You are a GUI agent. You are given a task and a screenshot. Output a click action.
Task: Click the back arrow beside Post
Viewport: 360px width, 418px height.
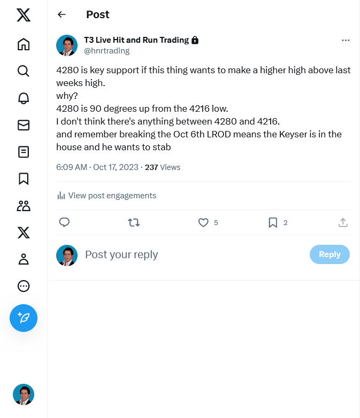tap(62, 14)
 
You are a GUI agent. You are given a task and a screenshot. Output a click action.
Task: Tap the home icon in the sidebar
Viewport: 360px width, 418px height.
tap(24, 44)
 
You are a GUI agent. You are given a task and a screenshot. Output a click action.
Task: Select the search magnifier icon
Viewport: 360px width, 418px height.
tap(24, 71)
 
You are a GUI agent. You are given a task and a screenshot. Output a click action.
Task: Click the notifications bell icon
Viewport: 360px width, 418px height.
tap(24, 98)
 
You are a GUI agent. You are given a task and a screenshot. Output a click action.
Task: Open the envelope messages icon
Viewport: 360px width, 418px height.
tap(24, 125)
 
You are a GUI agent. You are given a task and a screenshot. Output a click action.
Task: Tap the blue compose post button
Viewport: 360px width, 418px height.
tap(24, 318)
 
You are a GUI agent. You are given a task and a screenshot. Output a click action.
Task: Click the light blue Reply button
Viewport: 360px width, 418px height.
tap(330, 254)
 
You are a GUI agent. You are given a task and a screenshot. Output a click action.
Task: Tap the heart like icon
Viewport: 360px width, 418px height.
tap(203, 222)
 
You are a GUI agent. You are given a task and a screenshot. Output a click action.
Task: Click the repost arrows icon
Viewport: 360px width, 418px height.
tap(134, 222)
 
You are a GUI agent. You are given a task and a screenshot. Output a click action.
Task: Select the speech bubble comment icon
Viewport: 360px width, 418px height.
tap(64, 222)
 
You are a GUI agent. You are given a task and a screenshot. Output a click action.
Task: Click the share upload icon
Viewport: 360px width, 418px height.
tap(343, 222)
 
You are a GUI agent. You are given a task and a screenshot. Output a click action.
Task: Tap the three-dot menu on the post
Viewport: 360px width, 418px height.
tap(346, 40)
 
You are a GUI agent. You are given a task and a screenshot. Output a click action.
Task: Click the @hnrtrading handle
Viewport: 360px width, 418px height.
tap(107, 51)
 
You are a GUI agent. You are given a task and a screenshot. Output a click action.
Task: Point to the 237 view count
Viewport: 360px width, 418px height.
tap(151, 167)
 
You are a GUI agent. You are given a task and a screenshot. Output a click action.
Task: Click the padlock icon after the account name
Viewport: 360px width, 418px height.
tap(195, 40)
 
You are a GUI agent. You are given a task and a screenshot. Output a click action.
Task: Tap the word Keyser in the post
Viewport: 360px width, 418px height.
tap(293, 134)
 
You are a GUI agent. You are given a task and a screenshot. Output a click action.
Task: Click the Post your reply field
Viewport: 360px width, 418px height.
tap(121, 254)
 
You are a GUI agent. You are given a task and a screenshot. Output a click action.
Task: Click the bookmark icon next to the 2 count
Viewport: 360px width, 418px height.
tap(273, 222)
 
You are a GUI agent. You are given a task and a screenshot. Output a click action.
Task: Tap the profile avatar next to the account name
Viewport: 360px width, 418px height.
tap(67, 45)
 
